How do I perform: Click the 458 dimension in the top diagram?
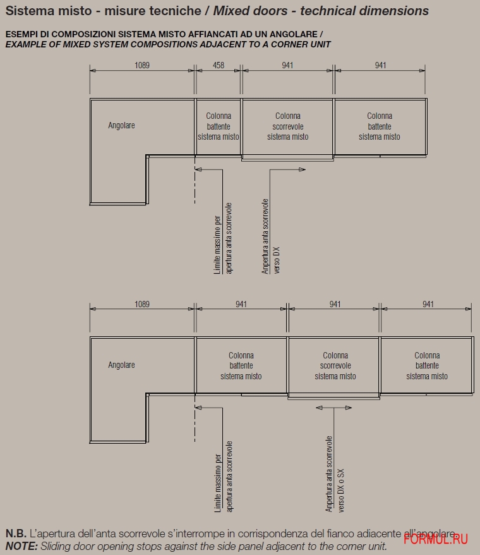[219, 65]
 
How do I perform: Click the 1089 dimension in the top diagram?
[142, 65]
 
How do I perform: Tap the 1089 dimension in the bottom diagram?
[142, 304]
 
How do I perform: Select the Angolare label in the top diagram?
[121, 125]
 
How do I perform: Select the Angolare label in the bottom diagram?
[121, 365]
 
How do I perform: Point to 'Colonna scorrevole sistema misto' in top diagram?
[287, 126]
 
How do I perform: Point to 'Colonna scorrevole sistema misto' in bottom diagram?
[335, 365]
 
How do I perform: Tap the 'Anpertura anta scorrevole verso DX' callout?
[270, 236]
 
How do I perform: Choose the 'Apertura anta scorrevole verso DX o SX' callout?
[335, 474]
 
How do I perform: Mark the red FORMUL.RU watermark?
[435, 539]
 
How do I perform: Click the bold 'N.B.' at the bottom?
[16, 534]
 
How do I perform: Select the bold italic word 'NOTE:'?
[21, 546]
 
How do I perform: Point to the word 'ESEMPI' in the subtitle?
[19, 34]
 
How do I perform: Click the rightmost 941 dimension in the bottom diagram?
[428, 304]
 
